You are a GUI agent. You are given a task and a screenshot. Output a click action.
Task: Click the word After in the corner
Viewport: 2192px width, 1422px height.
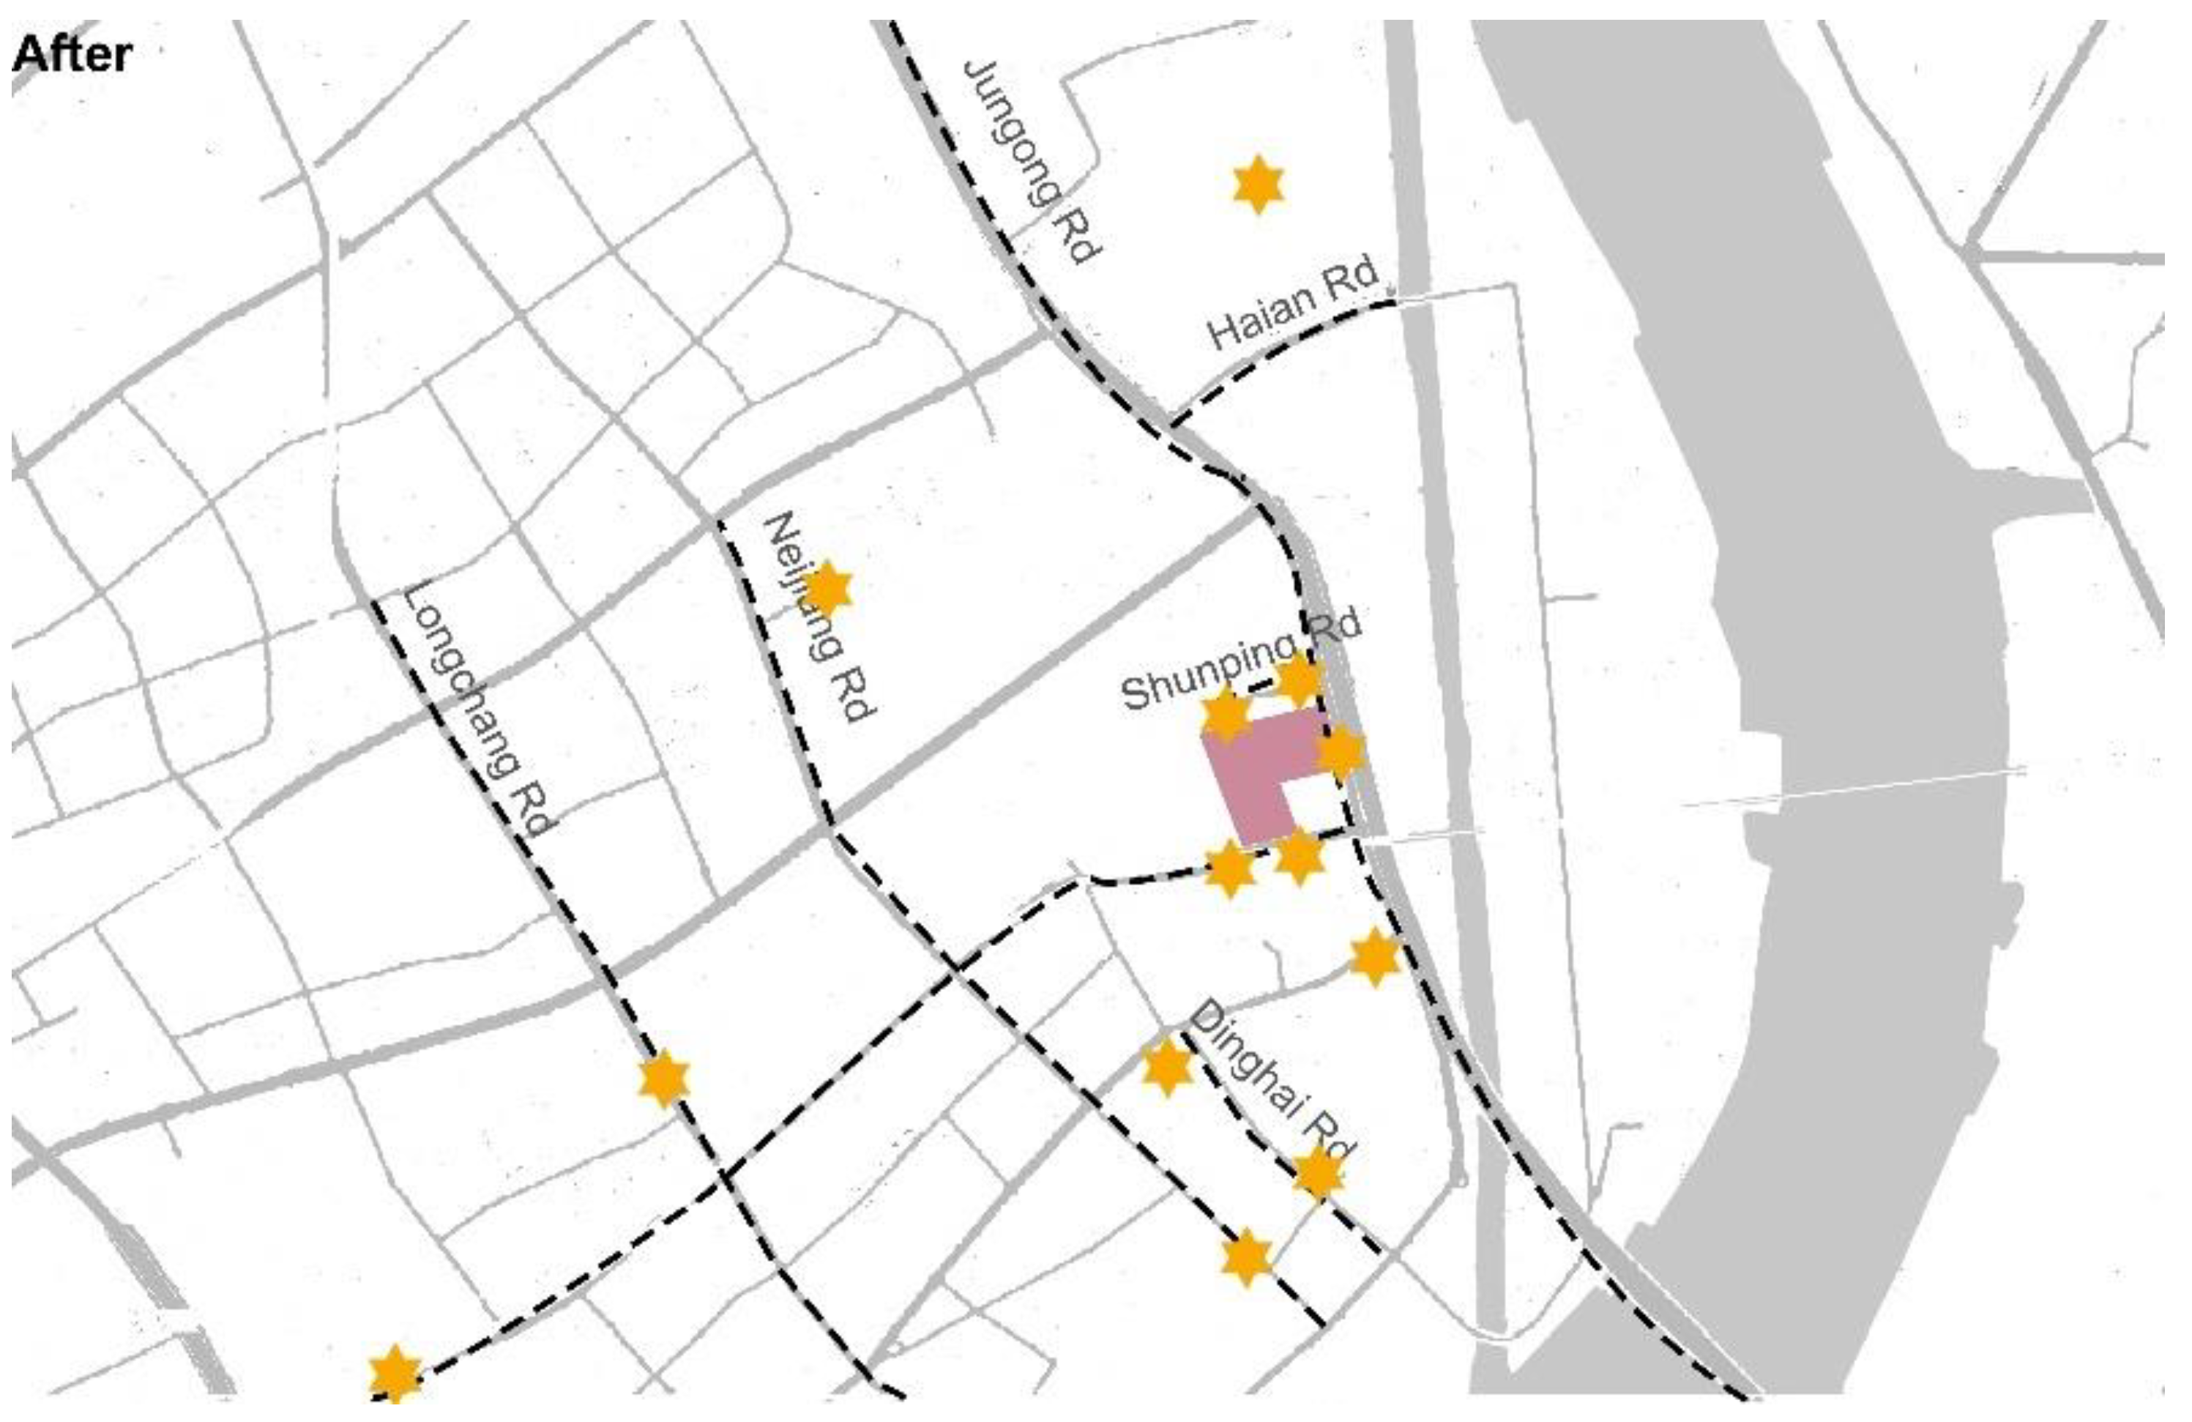coord(72,55)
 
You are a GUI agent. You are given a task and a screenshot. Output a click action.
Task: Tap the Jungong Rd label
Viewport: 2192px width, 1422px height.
coord(1029,162)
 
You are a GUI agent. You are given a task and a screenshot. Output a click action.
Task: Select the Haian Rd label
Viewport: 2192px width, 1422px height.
coord(1293,304)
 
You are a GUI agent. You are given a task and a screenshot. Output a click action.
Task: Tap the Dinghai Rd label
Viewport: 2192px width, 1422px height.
coord(1271,1083)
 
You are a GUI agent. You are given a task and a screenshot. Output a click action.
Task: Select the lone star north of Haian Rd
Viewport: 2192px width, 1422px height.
coord(1257,185)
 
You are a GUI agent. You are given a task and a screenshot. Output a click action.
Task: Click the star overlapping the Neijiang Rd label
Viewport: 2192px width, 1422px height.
coord(828,589)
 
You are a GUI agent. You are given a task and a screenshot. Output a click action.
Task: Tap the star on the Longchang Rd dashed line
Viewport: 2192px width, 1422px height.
coord(664,1079)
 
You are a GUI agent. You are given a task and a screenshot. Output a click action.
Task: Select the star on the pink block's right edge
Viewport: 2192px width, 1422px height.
coord(1340,751)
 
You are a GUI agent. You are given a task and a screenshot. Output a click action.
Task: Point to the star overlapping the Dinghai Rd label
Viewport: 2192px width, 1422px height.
coord(1318,1175)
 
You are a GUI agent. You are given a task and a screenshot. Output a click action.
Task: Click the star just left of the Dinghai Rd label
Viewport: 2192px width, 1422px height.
coord(1167,1068)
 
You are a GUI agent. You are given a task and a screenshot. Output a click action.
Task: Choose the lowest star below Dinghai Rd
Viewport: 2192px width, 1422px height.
coord(1247,1257)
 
